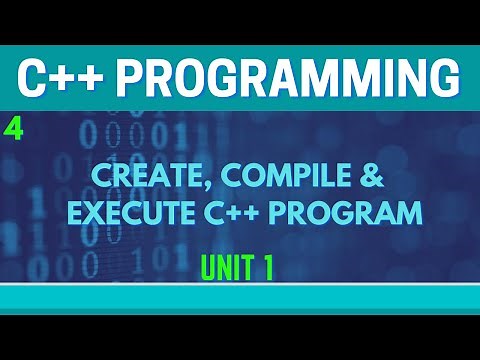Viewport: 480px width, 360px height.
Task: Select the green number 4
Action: [11, 127]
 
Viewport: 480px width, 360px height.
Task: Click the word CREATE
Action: [127, 180]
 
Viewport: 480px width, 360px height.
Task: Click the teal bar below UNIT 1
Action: [240, 298]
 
